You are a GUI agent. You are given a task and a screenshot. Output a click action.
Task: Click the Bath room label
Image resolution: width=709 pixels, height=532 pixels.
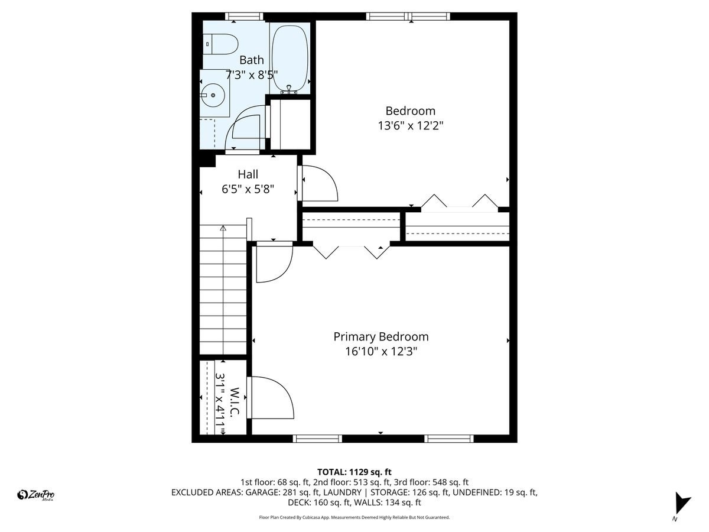[252, 60]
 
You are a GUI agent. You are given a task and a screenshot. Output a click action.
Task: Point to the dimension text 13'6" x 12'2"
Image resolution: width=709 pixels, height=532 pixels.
[410, 126]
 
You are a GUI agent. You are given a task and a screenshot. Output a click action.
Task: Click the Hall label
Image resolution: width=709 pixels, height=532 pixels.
[248, 174]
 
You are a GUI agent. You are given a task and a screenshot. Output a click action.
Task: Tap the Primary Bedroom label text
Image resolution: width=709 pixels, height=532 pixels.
[381, 337]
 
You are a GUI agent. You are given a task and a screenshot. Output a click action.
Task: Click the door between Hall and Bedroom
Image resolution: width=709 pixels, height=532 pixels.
[319, 184]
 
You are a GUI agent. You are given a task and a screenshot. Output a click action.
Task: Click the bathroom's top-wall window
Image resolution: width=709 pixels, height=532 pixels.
[245, 17]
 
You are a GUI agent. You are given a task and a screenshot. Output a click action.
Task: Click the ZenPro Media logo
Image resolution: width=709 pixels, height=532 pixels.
[36, 495]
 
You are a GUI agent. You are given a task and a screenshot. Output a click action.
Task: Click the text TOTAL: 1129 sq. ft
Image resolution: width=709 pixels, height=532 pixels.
[354, 472]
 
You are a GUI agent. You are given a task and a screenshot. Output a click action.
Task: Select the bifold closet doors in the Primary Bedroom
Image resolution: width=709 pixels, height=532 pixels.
[352, 251]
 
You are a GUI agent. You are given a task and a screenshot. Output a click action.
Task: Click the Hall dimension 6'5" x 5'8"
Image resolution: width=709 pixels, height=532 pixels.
[248, 190]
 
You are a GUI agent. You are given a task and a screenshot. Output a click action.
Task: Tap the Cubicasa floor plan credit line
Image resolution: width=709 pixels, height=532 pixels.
[354, 517]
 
